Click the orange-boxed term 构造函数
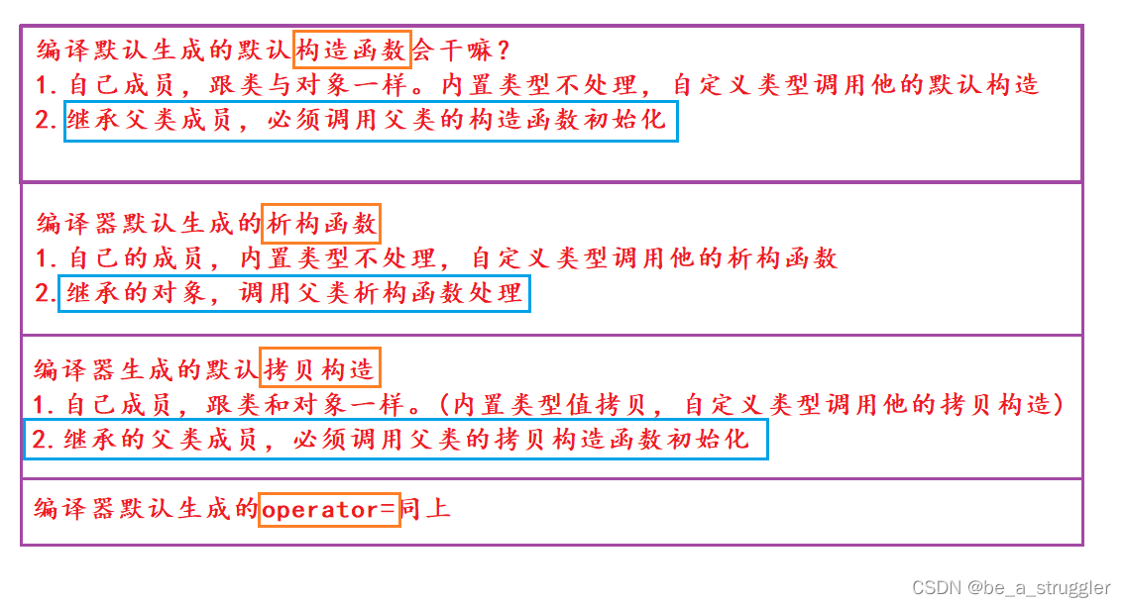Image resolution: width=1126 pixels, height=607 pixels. click(352, 49)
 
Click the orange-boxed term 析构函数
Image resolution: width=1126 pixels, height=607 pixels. click(323, 224)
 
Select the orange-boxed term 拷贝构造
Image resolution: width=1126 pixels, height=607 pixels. click(320, 369)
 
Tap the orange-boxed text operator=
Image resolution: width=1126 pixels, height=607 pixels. click(329, 509)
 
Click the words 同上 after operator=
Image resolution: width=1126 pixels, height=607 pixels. click(426, 509)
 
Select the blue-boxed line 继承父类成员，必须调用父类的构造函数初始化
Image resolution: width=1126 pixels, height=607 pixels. click(371, 121)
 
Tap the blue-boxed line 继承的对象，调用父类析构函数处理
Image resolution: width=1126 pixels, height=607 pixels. click(294, 294)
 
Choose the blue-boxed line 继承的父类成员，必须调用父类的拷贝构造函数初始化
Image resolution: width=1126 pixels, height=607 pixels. click(396, 440)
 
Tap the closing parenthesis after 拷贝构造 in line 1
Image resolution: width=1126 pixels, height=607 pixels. click(1059, 404)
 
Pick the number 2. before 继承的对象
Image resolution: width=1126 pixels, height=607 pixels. click(45, 294)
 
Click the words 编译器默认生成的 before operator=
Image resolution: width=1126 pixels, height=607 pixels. click(146, 509)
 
